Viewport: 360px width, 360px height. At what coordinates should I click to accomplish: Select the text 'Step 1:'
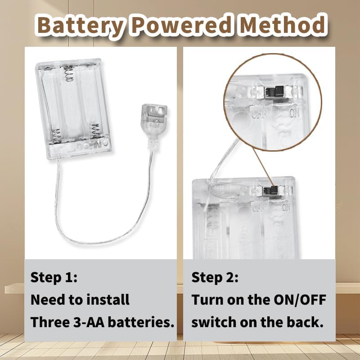pos(54,277)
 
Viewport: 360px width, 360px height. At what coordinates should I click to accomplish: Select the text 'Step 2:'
pos(215,277)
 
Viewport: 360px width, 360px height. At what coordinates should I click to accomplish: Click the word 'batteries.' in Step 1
pos(141,322)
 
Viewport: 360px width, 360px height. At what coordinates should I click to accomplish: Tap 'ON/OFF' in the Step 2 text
pos(300,300)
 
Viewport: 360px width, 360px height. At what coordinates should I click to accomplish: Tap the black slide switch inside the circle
pos(274,92)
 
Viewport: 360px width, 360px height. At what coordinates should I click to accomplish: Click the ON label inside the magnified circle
pos(294,113)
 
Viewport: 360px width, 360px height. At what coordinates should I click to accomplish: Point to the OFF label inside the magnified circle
pos(258,114)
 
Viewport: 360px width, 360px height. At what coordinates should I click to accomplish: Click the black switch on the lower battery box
pos(270,190)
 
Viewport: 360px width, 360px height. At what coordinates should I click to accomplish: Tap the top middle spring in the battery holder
pos(69,73)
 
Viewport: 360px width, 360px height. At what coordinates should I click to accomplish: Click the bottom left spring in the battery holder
pos(57,135)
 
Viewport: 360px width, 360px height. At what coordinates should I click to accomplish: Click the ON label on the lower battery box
pos(286,207)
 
